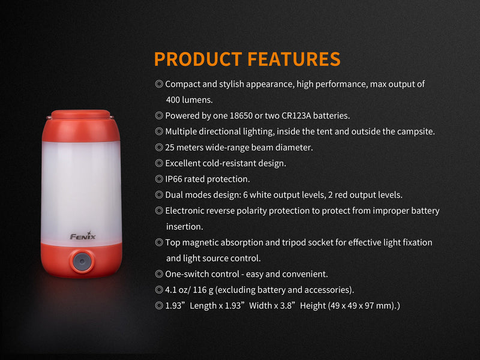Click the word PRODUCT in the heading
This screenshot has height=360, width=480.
click(197, 59)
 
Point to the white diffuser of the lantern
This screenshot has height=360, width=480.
click(82, 180)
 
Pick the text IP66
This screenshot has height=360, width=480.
click(175, 179)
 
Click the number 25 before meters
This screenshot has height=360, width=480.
click(170, 147)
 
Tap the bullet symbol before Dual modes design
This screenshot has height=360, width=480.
click(159, 195)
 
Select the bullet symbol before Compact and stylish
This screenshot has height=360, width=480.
click(159, 84)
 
